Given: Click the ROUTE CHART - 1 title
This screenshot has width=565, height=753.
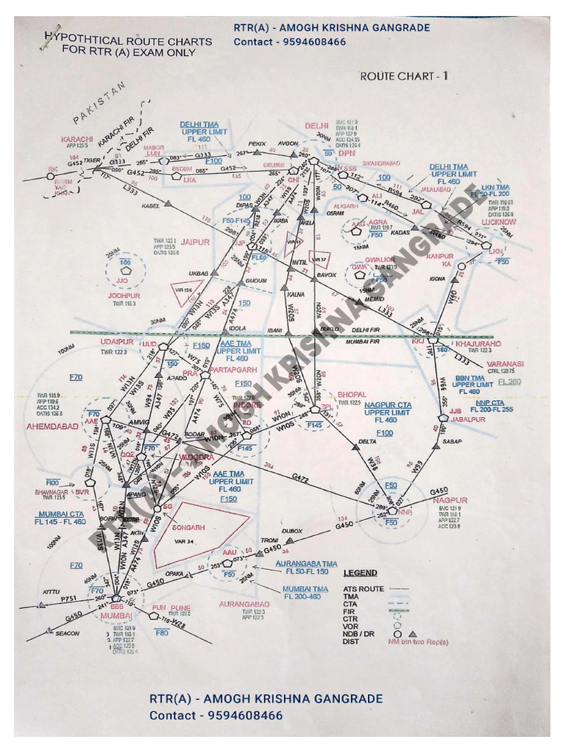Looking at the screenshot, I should click(404, 76).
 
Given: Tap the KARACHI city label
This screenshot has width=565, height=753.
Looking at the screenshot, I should click(77, 139).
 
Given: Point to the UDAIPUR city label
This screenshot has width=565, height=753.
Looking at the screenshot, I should click(117, 342).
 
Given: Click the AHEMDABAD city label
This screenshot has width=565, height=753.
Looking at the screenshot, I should click(52, 427).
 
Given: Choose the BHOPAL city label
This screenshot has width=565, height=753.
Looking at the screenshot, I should click(352, 394).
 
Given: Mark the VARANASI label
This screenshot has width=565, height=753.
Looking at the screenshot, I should click(504, 363).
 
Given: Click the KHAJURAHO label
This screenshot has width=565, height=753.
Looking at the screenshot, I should click(478, 343).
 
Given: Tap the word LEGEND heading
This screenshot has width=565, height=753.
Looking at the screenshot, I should click(360, 573).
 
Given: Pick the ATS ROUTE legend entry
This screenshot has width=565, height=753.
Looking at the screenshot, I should click(363, 589).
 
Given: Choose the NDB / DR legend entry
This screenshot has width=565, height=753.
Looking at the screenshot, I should click(360, 633).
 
